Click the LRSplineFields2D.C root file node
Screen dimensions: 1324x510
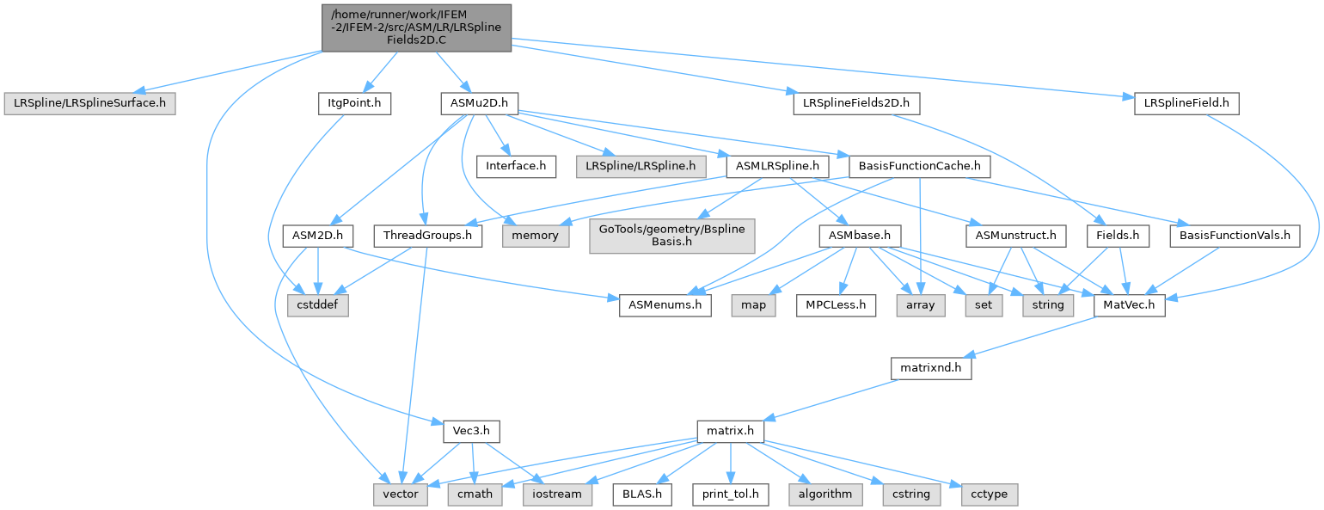click(417, 28)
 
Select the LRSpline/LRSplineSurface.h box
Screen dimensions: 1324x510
click(89, 103)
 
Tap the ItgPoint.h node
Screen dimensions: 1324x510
click(354, 103)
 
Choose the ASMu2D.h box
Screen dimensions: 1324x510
click(480, 103)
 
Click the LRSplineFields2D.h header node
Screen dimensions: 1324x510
click(856, 103)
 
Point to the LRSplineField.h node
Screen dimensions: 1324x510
click(1186, 103)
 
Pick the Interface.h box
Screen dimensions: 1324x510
click(516, 166)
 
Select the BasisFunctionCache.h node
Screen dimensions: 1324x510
click(920, 166)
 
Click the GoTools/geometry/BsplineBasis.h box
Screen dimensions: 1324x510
click(672, 236)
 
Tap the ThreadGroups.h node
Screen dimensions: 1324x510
click(428, 236)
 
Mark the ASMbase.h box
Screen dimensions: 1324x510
click(860, 236)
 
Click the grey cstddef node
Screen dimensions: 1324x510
click(318, 305)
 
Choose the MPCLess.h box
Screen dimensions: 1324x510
click(836, 305)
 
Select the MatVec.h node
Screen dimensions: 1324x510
click(1130, 305)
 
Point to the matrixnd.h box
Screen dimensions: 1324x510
click(931, 368)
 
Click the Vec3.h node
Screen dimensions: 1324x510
click(472, 431)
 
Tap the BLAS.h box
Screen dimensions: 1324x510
click(642, 494)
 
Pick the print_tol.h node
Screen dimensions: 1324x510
click(731, 494)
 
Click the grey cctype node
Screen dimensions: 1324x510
click(990, 494)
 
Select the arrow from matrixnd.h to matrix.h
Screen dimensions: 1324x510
click(833, 399)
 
